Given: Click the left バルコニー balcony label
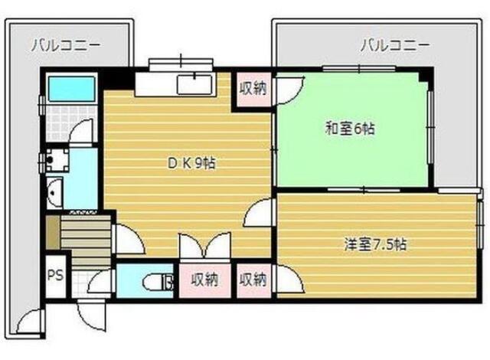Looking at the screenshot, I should pos(66,45).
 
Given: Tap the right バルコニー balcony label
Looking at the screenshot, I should pos(396,45).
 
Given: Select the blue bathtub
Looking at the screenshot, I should pos(70,90).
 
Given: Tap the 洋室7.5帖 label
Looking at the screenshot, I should pos(374,245).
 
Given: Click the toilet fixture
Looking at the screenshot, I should pos(158,282).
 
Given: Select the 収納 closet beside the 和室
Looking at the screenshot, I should pos(252,87).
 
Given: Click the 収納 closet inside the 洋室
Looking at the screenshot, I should pos(253,280).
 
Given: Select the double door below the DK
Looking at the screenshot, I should pos(203,246).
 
